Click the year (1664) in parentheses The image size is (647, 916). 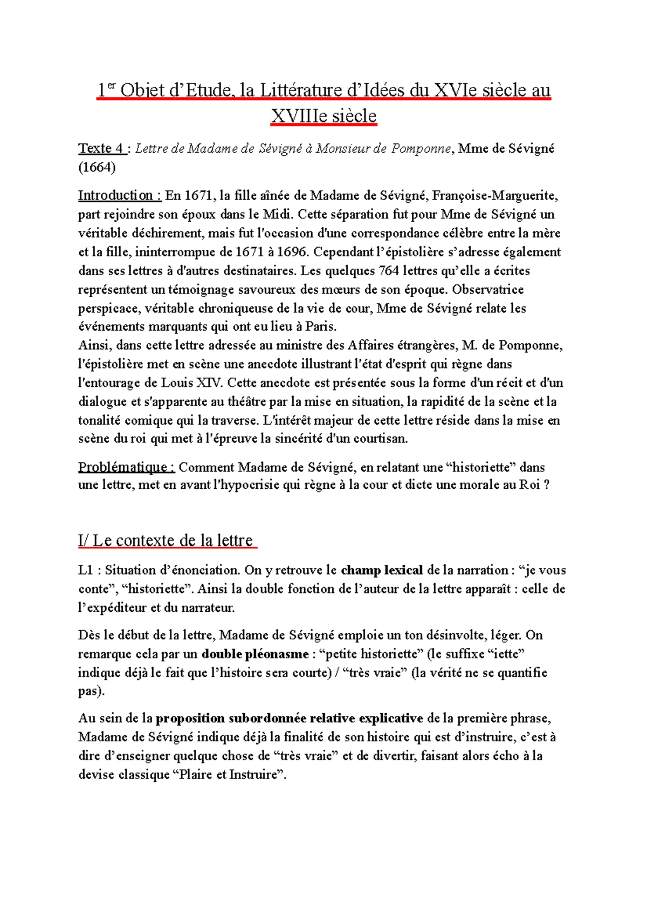pyautogui.click(x=97, y=168)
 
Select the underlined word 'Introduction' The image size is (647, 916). pyautogui.click(x=115, y=195)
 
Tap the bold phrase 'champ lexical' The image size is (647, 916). pyautogui.click(x=382, y=570)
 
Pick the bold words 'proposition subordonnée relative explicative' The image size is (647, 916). pyautogui.click(x=289, y=719)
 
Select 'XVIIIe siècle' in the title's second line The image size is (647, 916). pyautogui.click(x=323, y=115)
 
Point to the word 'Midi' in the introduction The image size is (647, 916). pyautogui.click(x=277, y=214)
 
